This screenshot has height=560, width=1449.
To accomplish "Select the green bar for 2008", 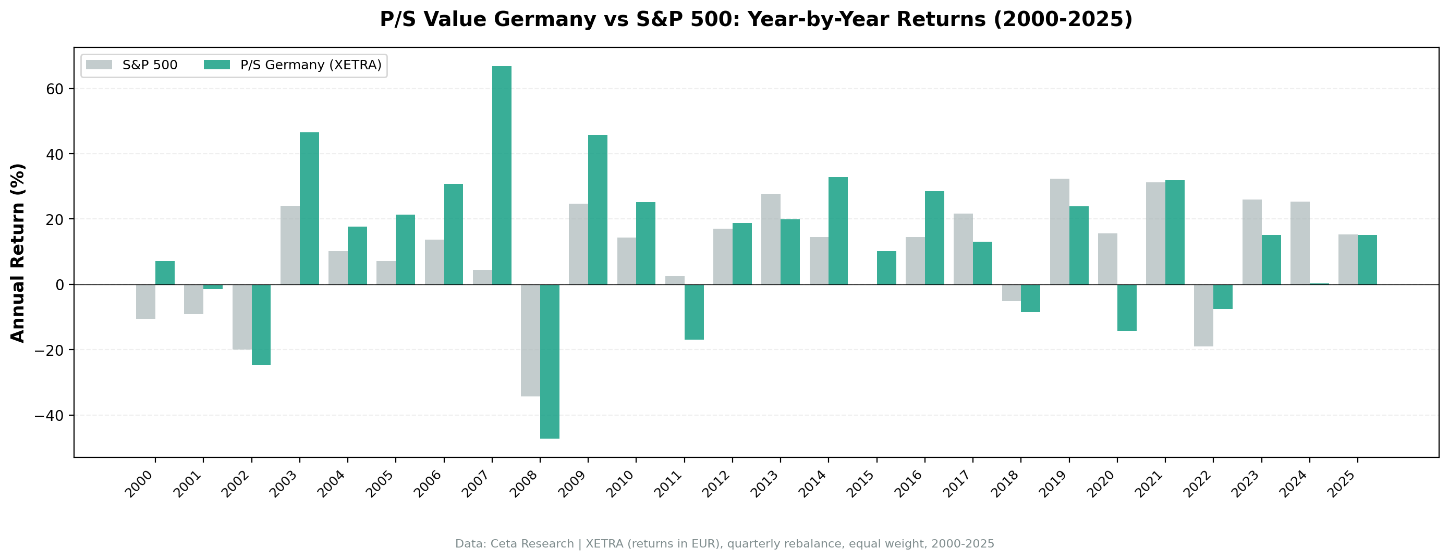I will [550, 361].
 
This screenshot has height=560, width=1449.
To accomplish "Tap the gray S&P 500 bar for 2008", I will [530, 340].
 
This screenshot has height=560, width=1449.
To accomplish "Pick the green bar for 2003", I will [309, 208].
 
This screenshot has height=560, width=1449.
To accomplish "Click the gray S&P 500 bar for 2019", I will [1060, 232].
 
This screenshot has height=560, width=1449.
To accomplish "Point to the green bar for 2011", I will [694, 312].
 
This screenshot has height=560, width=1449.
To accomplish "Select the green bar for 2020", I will [1127, 307].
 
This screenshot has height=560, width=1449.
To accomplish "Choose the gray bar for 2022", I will [1204, 315].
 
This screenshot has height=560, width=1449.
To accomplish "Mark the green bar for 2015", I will [886, 268].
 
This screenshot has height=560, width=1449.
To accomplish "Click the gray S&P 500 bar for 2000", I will [145, 302].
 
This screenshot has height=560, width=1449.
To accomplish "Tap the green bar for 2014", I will [838, 231].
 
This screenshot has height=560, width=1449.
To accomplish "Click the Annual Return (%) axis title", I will [18, 253].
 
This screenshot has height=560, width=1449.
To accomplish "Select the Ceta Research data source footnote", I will [725, 544].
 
